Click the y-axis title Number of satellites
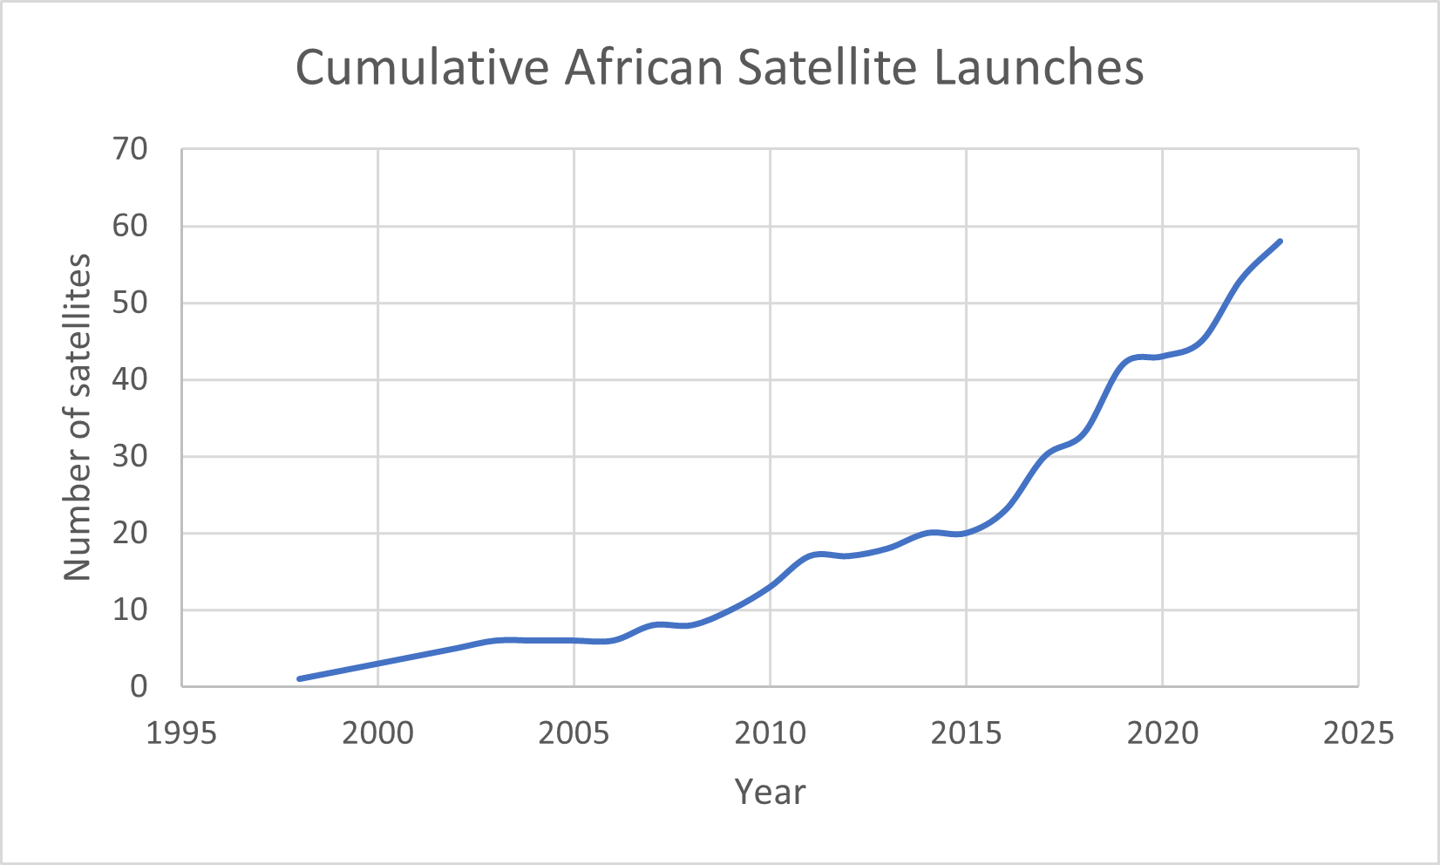78,417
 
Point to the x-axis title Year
770,792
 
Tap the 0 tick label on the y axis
139,686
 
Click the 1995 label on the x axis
181,733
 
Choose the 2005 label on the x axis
574,733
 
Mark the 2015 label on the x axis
966,733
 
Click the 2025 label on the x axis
1358,733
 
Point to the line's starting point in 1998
300,678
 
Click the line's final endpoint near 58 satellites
1280,242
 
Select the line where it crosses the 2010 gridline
771,587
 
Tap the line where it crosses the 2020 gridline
1163,356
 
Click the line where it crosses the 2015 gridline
967,532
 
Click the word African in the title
643,68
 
